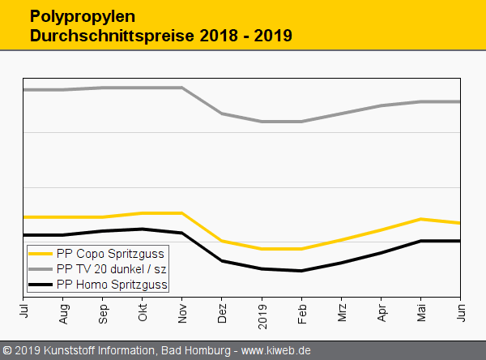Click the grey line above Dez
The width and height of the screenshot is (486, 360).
click(223, 114)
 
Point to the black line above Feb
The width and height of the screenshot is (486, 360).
click(302, 271)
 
